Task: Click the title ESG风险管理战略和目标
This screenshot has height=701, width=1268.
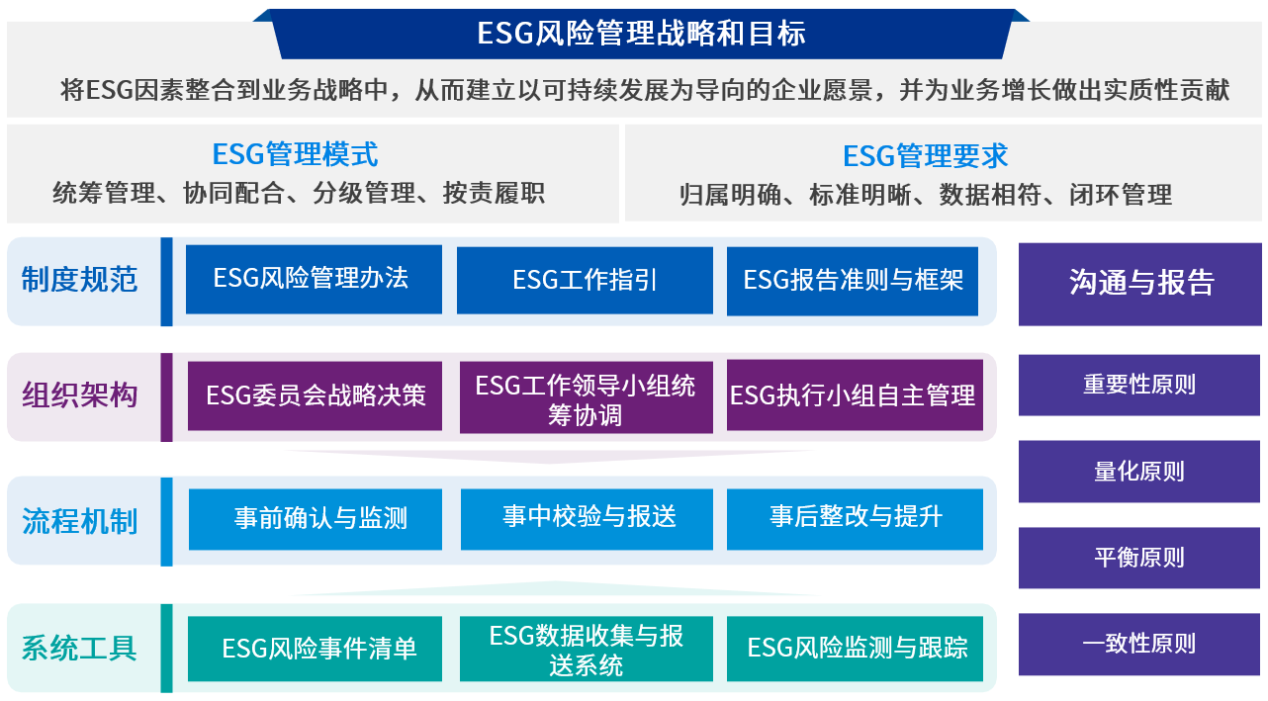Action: click(641, 34)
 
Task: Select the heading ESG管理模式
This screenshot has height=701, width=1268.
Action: click(295, 154)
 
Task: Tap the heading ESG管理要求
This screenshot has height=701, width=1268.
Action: click(925, 156)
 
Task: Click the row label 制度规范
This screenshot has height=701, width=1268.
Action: click(79, 280)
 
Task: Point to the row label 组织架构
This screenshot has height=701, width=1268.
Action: click(79, 396)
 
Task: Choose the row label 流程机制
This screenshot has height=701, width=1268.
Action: click(79, 521)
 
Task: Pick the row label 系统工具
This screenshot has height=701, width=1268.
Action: click(79, 649)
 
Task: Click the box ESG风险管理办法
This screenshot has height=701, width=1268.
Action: click(313, 280)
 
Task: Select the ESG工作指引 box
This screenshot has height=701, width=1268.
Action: click(585, 280)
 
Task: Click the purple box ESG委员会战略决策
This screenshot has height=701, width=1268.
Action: click(315, 395)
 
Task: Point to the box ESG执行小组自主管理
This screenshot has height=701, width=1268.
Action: click(854, 395)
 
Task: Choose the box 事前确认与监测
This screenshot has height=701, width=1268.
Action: click(315, 519)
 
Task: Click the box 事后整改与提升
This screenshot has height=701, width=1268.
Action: click(855, 518)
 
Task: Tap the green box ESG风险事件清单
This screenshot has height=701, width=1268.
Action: click(315, 649)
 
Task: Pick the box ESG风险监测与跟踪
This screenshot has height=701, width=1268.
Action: click(855, 649)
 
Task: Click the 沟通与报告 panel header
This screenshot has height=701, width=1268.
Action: click(1140, 283)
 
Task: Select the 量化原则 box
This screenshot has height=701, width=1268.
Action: click(1139, 471)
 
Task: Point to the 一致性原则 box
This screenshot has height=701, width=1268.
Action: click(1139, 644)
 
